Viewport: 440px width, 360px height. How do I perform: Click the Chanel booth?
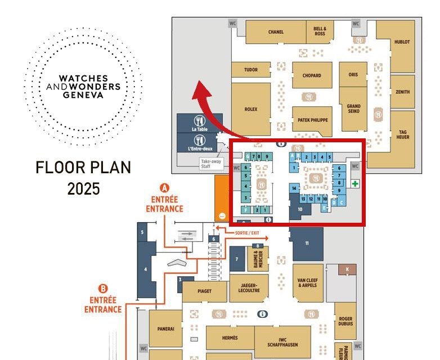(276, 32)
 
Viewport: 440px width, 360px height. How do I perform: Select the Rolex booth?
(251, 110)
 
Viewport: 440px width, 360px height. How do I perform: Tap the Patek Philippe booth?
(310, 120)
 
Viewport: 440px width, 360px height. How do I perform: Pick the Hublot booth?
(402, 42)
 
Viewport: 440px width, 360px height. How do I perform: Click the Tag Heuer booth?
(403, 134)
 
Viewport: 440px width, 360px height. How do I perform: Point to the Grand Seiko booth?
(353, 109)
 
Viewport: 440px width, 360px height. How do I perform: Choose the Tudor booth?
(251, 70)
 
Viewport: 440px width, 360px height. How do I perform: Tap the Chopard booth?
(312, 75)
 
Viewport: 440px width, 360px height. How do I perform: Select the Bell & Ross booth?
(320, 31)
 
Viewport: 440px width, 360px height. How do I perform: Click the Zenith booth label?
(403, 92)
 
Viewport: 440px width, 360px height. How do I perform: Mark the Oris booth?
(353, 74)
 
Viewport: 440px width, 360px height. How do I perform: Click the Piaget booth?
(205, 291)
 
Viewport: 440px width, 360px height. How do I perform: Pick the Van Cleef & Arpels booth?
(308, 282)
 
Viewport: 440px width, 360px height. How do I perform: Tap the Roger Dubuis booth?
(345, 319)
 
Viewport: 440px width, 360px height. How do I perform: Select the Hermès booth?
(230, 337)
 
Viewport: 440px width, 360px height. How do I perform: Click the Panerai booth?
(165, 328)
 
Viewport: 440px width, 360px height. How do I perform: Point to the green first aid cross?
(355, 183)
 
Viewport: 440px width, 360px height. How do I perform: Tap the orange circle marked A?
(165, 187)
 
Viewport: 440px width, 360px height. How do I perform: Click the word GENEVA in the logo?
(83, 95)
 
